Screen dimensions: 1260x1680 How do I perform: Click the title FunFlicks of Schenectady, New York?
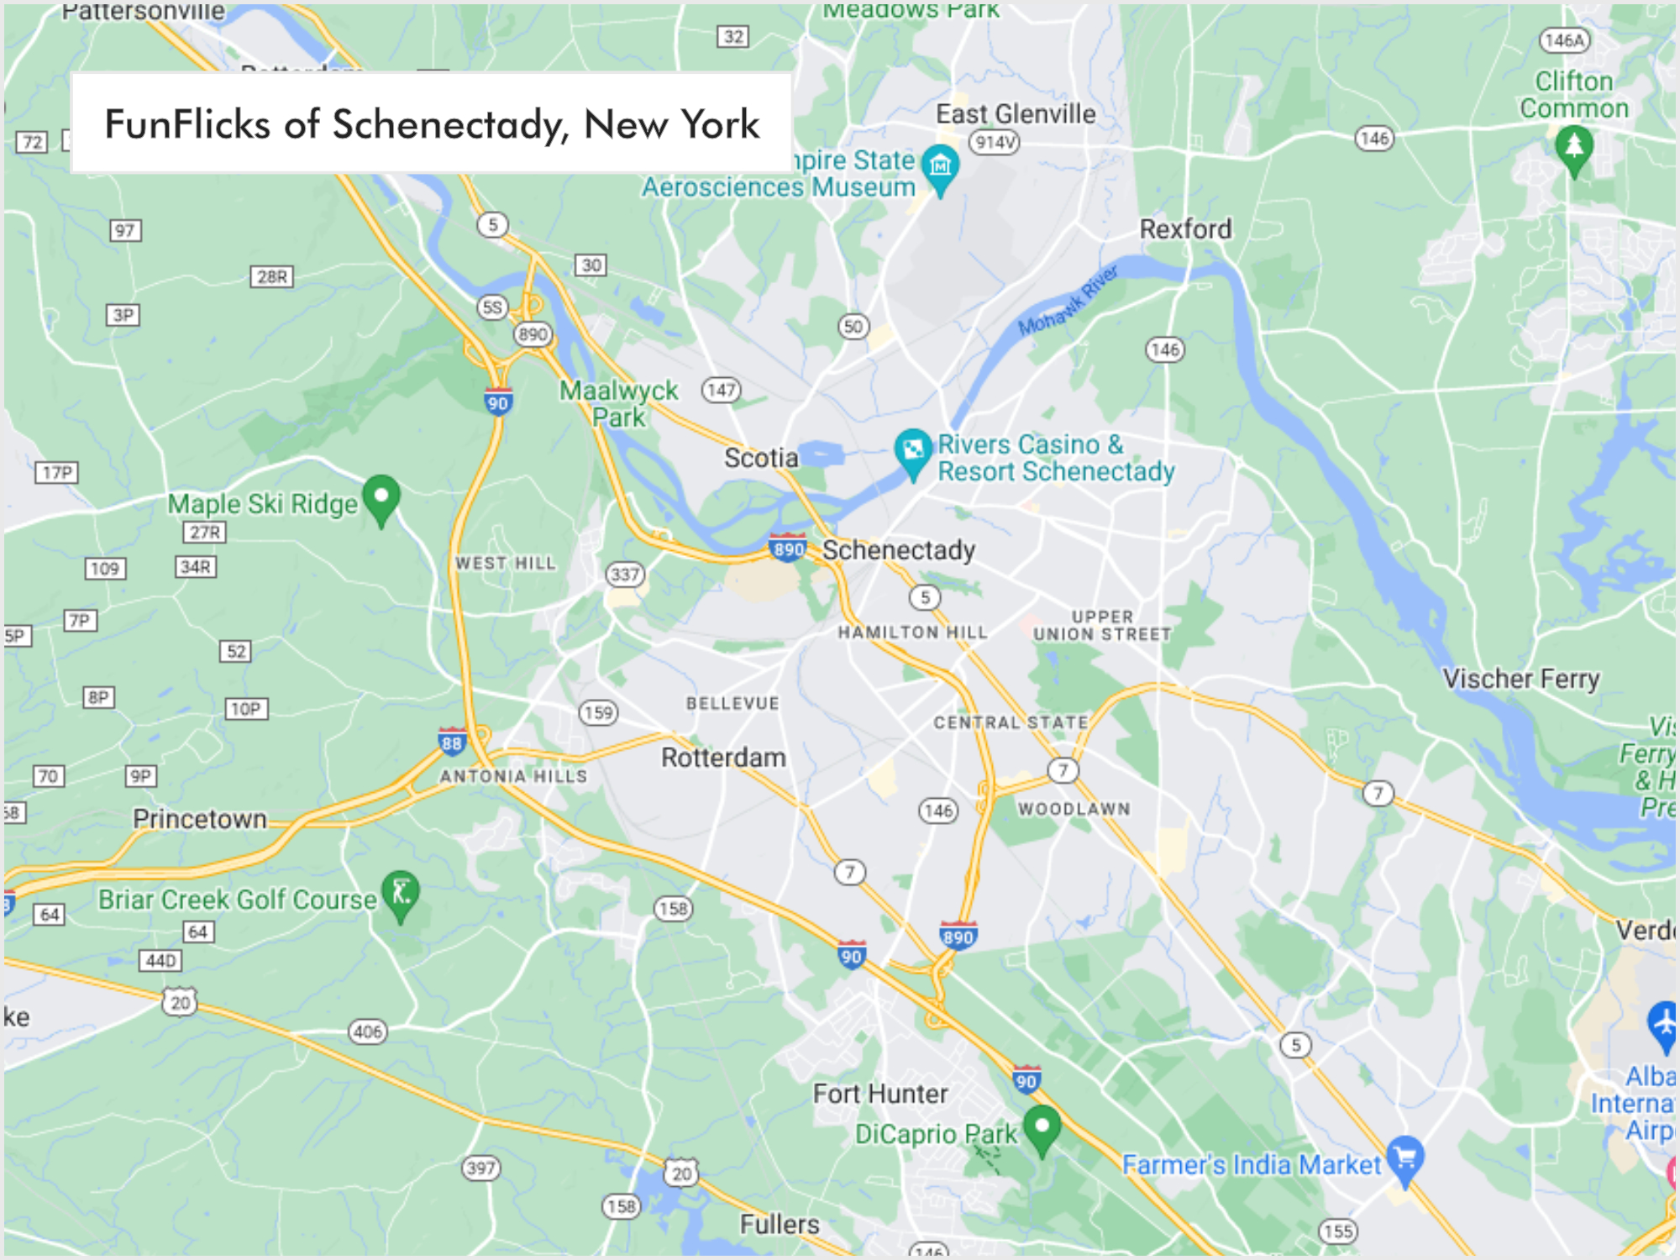[432, 124]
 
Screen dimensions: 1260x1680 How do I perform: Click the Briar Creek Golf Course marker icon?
[401, 892]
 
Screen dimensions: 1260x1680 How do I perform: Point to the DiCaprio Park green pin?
[1042, 1126]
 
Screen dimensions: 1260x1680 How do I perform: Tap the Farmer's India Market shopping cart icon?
[1404, 1158]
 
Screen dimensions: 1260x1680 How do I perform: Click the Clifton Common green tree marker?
[1574, 147]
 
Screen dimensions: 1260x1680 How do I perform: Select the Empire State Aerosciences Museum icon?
[940, 165]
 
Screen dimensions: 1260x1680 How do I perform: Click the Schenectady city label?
[898, 550]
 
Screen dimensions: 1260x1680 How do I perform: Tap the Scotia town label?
[761, 458]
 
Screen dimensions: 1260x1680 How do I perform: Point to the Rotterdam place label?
[723, 758]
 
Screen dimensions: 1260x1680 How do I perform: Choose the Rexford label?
[1185, 228]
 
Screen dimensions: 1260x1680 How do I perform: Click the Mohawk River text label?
[1068, 301]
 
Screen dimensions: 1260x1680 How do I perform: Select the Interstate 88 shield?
[452, 742]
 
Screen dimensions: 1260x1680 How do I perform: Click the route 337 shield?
[625, 575]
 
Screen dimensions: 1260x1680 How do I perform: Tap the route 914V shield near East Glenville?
[995, 142]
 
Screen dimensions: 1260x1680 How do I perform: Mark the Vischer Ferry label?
[1520, 679]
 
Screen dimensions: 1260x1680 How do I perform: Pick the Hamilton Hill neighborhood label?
[912, 633]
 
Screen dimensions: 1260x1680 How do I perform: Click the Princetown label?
[199, 819]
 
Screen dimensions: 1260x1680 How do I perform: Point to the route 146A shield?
[1564, 40]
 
